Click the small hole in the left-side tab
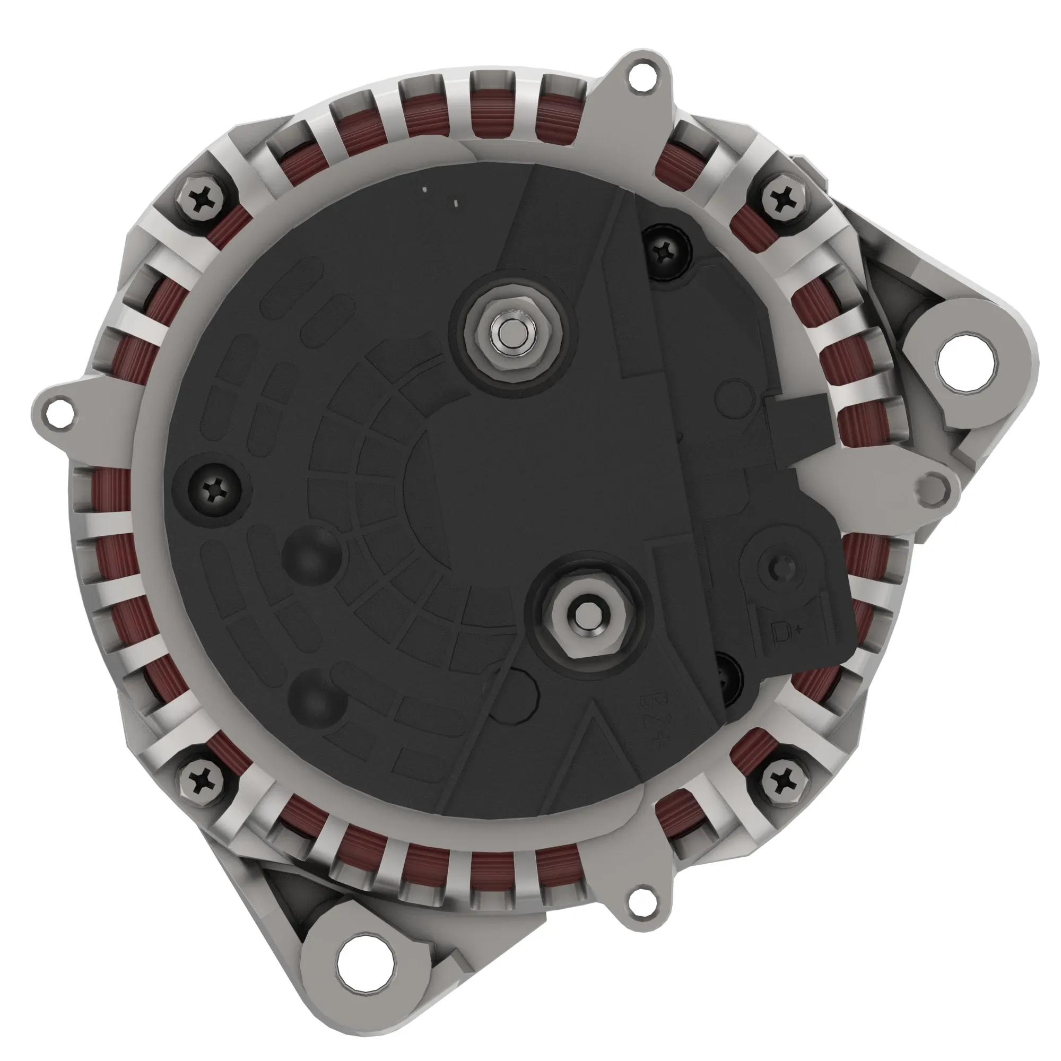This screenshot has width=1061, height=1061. point(54,410)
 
